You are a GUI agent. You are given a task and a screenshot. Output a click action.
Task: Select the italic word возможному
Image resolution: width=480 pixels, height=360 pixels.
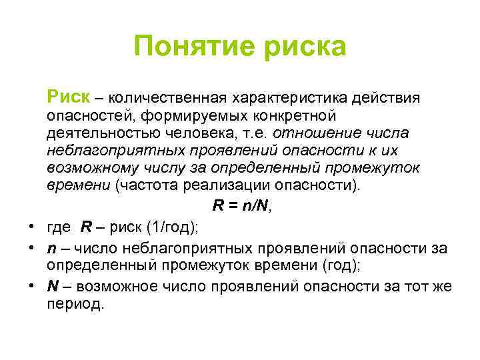point(89,167)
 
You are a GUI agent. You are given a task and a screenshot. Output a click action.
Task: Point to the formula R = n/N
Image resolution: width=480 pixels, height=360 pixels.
point(241,206)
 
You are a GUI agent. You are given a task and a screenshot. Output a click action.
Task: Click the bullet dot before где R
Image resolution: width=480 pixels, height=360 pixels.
point(31,227)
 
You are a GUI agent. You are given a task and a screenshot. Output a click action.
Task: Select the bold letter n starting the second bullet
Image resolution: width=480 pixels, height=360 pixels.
point(51,249)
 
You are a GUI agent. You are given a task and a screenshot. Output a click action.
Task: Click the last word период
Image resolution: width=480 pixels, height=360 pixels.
point(75,305)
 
